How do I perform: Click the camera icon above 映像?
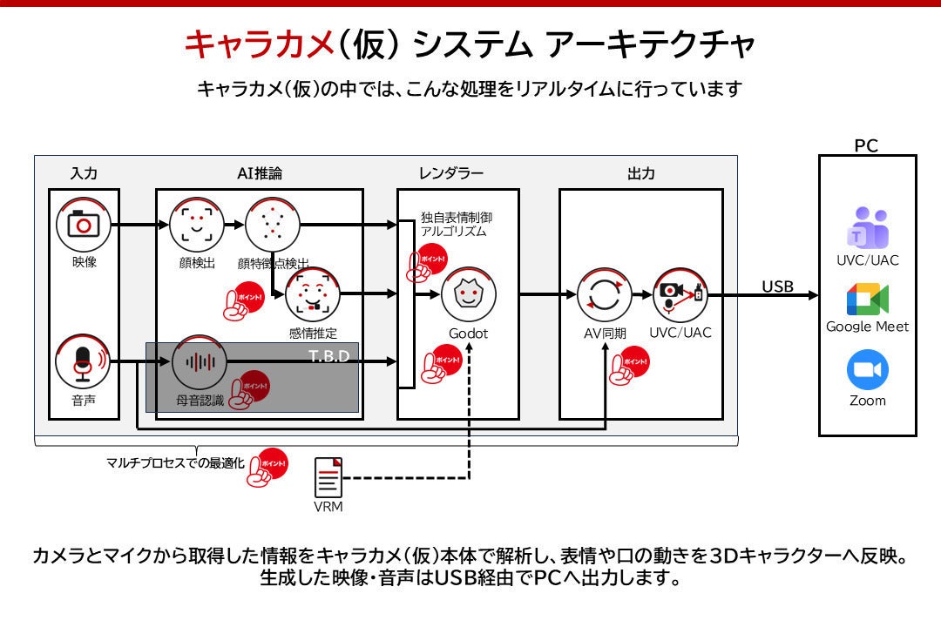[84, 225]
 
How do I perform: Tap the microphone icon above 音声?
[83, 362]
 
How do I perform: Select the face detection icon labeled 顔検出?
[197, 225]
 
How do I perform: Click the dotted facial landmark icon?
[273, 225]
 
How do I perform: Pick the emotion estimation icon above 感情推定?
[313, 294]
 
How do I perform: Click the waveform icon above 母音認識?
[200, 362]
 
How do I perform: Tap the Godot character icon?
[469, 294]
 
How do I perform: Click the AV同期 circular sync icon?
[605, 294]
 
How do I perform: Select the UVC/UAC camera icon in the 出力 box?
[680, 294]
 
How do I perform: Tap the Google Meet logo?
[868, 300]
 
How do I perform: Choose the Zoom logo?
[868, 369]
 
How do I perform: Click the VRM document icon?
[328, 477]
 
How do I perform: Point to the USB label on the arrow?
[778, 287]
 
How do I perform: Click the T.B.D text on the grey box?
[328, 356]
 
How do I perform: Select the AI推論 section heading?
[260, 173]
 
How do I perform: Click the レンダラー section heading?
[451, 173]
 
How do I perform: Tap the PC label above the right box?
[866, 145]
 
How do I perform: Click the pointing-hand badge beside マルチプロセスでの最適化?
[267, 468]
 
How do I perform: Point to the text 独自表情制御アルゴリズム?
[456, 225]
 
